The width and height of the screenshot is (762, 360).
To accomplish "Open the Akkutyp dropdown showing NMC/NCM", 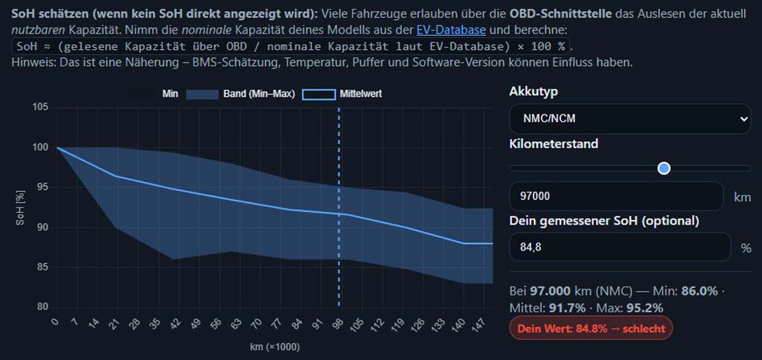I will (x=630, y=118).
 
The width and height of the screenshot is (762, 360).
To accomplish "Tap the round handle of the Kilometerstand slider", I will (x=665, y=168).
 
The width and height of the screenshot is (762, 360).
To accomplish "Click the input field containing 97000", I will (x=616, y=196).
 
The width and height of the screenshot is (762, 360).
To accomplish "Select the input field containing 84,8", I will (x=620, y=247).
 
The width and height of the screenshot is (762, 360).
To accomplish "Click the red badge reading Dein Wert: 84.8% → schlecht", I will (x=591, y=328).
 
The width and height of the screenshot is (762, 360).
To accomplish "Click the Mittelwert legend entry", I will (x=347, y=94).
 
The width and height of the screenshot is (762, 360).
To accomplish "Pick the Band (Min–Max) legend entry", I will (x=240, y=94).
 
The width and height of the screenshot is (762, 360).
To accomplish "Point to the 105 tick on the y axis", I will (x=41, y=108).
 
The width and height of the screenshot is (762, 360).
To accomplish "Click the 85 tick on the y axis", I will (x=42, y=267).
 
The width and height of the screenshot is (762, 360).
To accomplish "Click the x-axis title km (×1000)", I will (x=275, y=347).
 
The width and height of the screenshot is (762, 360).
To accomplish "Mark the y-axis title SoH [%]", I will (x=20, y=208).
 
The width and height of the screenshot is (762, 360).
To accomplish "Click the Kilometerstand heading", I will (x=554, y=144).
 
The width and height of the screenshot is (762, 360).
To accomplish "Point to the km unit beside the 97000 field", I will (x=742, y=197).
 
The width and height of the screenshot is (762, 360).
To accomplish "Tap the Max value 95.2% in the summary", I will (x=644, y=307).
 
